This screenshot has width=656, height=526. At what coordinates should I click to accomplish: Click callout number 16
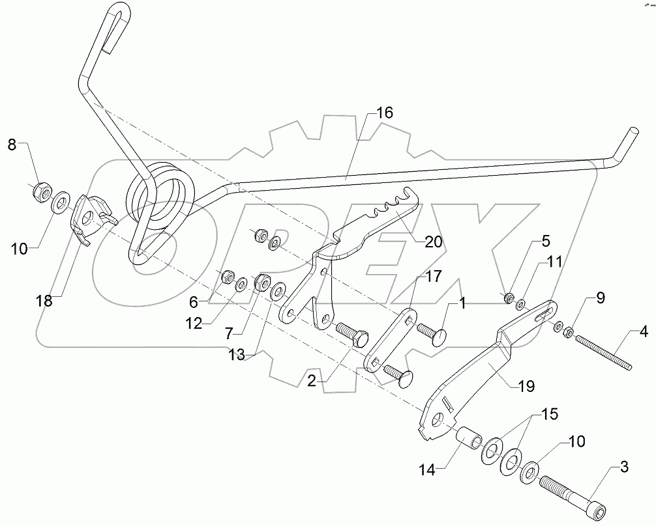click(x=385, y=113)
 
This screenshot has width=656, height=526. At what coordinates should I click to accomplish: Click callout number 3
click(x=624, y=467)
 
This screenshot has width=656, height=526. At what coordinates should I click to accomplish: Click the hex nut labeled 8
click(x=42, y=190)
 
